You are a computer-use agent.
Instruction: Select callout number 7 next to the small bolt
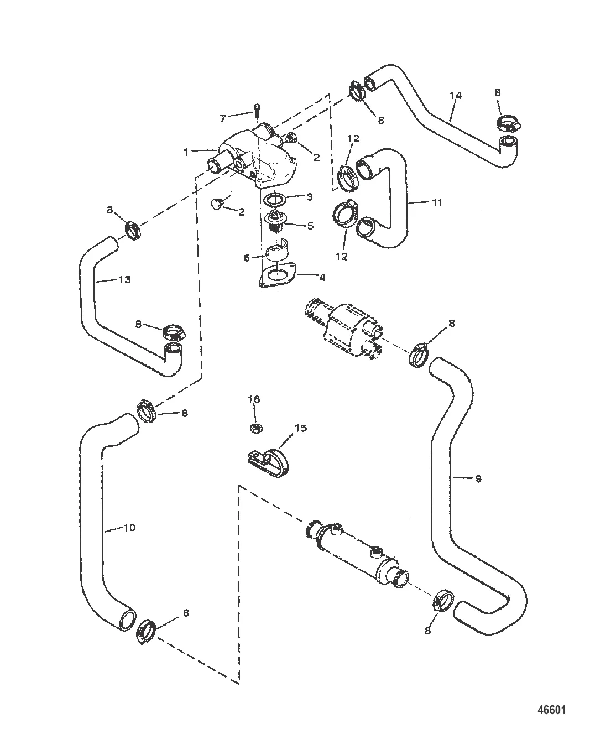pyautogui.click(x=223, y=118)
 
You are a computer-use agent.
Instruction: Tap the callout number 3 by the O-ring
pyautogui.click(x=310, y=196)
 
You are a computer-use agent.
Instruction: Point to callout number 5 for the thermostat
pyautogui.click(x=310, y=226)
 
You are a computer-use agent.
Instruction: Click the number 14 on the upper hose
pyautogui.click(x=455, y=96)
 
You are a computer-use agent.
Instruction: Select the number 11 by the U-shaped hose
pyautogui.click(x=437, y=203)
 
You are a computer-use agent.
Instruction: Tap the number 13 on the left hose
pyautogui.click(x=125, y=280)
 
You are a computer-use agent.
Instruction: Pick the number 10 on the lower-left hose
pyautogui.click(x=129, y=528)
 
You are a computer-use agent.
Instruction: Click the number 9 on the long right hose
pyautogui.click(x=478, y=478)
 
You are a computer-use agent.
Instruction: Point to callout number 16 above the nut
pyautogui.click(x=254, y=399)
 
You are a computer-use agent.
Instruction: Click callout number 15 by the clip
pyautogui.click(x=300, y=428)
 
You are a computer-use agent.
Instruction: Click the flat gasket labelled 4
pyautogui.click(x=276, y=276)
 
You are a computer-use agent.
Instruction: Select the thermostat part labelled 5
pyautogui.click(x=273, y=223)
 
